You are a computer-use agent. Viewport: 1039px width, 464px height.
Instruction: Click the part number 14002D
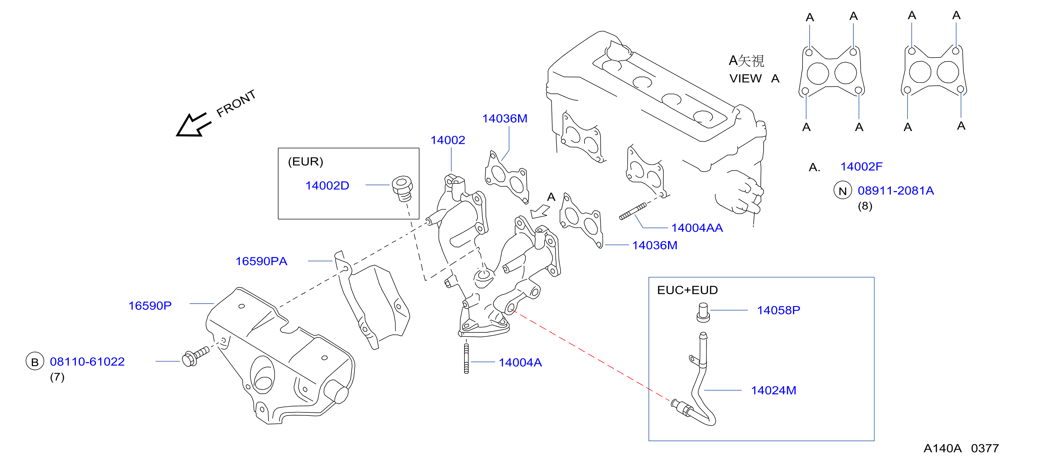coord(327,186)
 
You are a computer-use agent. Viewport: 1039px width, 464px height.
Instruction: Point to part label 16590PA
coord(261,261)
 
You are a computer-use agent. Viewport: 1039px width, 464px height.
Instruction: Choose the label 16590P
coord(150,306)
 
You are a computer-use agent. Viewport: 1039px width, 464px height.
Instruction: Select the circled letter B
coord(35,361)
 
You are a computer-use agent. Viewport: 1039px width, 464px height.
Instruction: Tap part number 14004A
coord(520,362)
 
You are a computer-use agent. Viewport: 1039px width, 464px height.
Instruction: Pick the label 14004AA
coord(697,228)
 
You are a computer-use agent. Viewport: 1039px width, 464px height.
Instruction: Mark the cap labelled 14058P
coord(703,312)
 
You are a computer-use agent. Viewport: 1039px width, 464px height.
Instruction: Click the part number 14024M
coord(774,391)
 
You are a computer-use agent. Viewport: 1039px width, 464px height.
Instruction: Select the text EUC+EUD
coord(687,290)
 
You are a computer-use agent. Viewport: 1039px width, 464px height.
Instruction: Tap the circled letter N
coord(843,191)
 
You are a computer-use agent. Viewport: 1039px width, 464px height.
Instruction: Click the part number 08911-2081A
coord(896,190)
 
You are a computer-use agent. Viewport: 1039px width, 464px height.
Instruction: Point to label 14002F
coord(861,167)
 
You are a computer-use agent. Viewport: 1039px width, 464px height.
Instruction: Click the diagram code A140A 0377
coord(961,448)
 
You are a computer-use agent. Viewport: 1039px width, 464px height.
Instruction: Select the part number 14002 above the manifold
coord(448,140)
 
